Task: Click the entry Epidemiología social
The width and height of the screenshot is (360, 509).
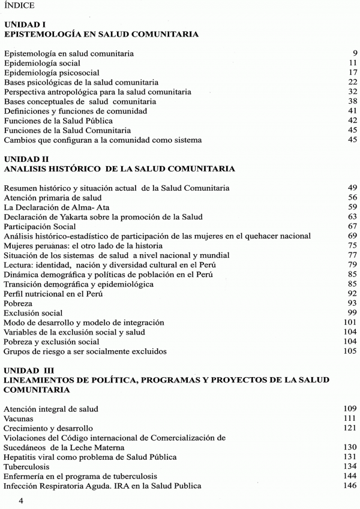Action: point(42,63)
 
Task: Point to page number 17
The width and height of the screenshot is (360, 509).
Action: point(353,73)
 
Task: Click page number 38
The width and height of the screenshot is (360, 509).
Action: point(353,101)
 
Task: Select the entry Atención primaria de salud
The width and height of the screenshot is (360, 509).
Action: point(52,198)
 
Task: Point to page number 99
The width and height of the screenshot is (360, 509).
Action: point(353,313)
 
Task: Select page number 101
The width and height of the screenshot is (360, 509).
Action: point(351,323)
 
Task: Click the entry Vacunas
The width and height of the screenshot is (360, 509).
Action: point(19,418)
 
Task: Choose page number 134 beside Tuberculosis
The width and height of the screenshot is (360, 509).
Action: point(351,466)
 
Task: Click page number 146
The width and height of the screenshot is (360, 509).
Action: point(351,486)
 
